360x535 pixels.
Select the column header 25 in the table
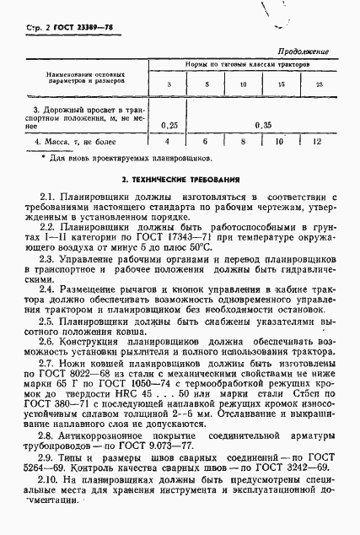319,85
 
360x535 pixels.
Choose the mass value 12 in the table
317,141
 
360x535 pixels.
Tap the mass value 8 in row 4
242,141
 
